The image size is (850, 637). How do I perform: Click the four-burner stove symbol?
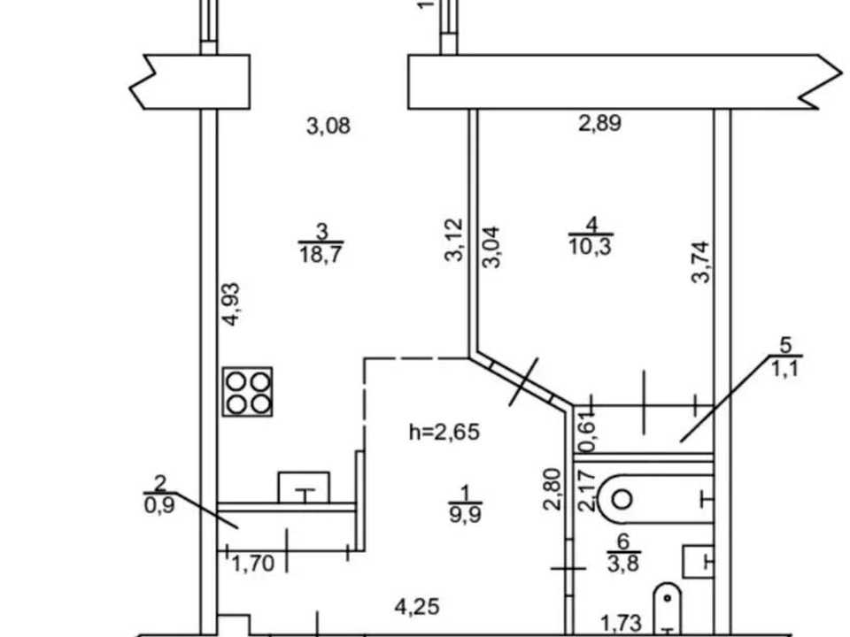tap(247, 392)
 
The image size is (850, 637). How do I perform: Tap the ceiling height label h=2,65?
tap(444, 433)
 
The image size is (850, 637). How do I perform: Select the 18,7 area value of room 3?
tap(321, 254)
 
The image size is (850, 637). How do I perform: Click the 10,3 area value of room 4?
tap(591, 247)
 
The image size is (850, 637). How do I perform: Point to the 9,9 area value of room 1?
tap(465, 513)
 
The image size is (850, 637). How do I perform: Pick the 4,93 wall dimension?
tap(231, 303)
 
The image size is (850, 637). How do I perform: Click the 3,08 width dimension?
tap(328, 127)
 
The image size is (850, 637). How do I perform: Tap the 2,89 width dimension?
tap(599, 124)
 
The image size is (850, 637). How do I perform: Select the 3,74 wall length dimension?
tap(700, 262)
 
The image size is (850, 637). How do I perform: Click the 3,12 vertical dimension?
tap(454, 240)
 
